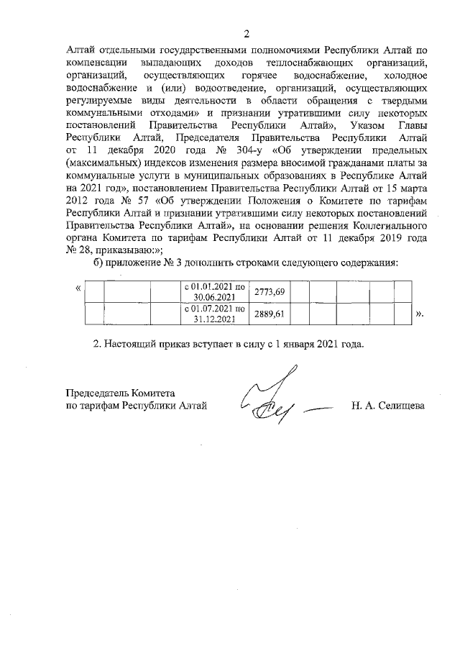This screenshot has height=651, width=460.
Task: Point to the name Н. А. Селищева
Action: (388, 406)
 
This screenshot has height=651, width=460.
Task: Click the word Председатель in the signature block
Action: (96, 393)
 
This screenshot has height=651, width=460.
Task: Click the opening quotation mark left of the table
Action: (78, 289)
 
